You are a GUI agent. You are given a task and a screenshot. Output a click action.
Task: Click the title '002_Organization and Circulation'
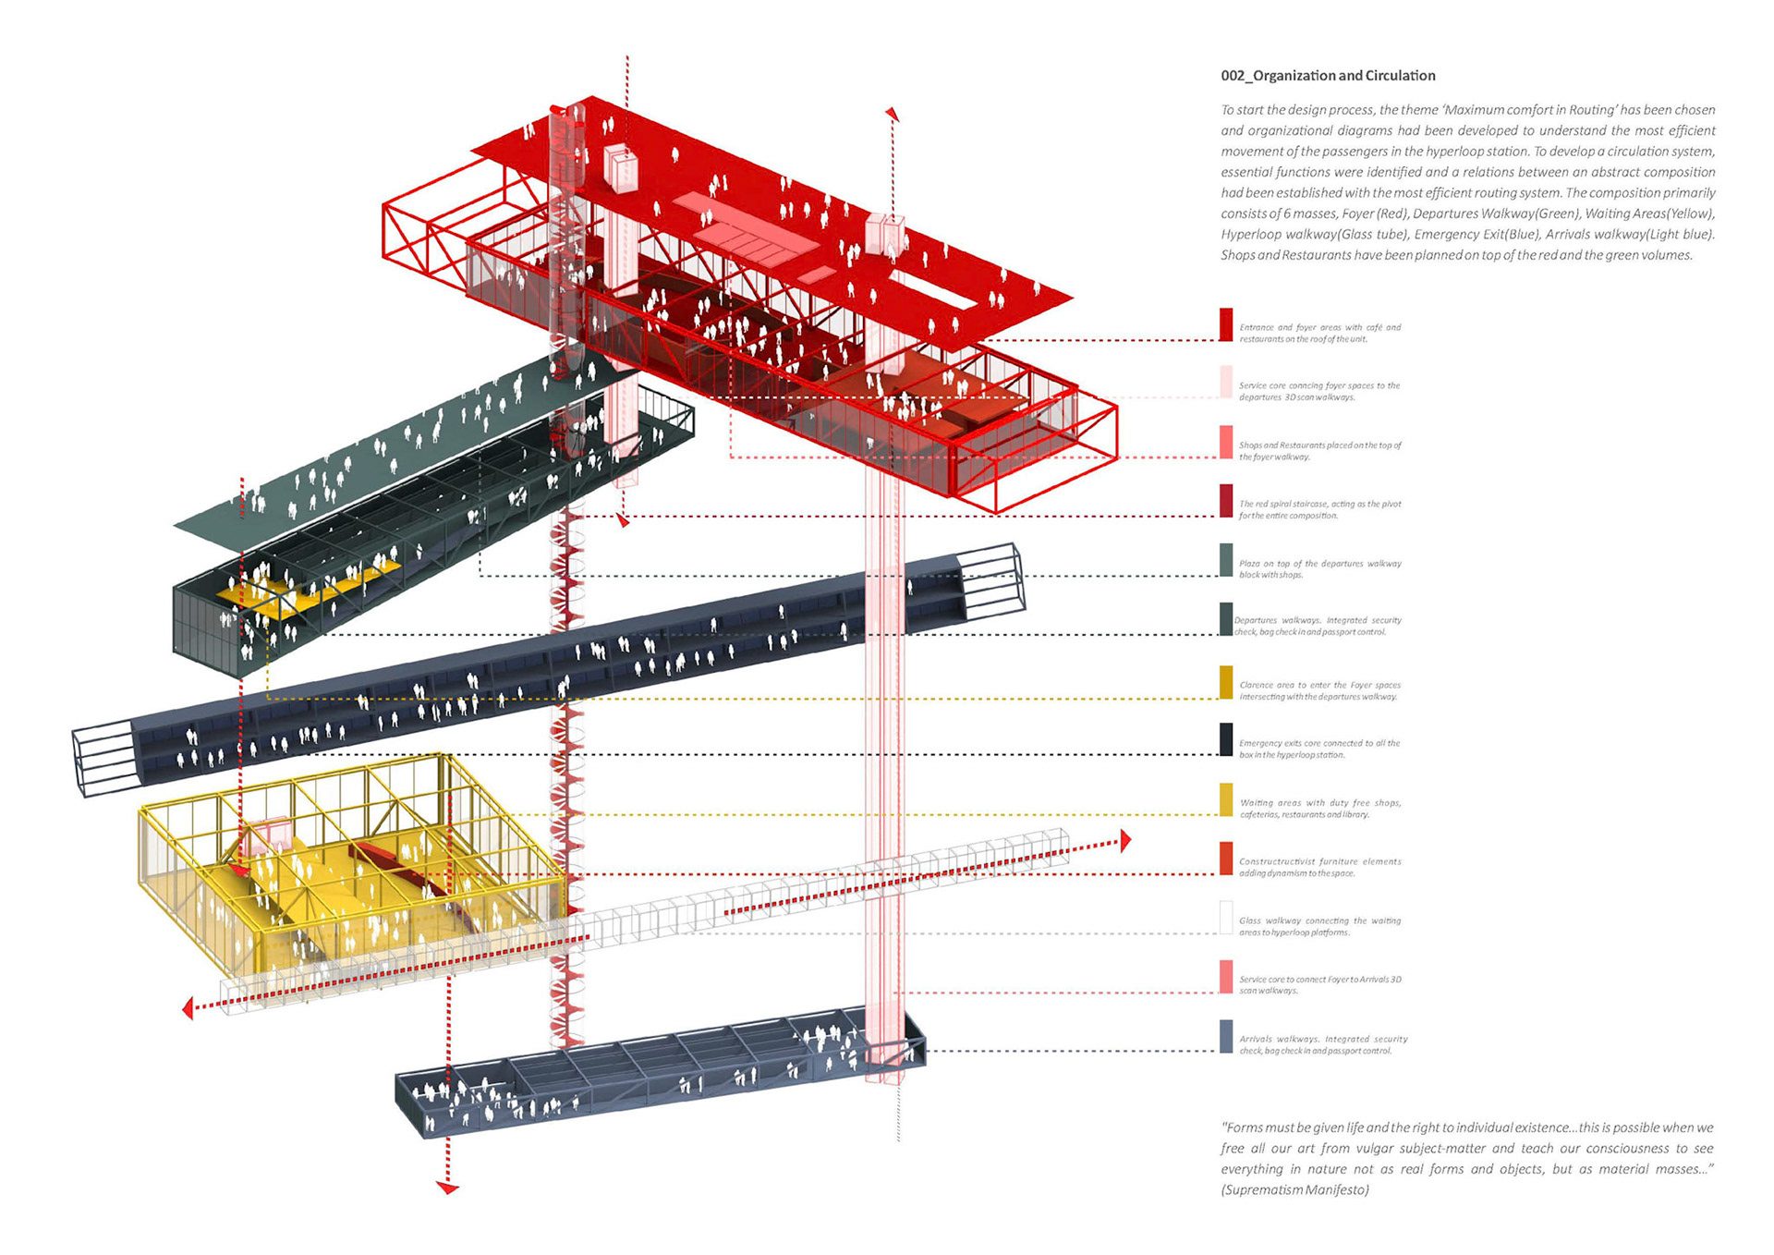tap(1328, 76)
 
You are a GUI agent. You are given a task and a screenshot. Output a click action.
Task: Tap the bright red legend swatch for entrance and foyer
tap(1226, 324)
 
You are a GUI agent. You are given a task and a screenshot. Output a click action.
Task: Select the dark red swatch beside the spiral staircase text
tap(1226, 501)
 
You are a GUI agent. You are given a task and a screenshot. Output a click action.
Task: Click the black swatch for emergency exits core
tap(1226, 739)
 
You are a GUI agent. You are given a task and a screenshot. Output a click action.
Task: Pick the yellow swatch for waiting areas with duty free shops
tap(1226, 799)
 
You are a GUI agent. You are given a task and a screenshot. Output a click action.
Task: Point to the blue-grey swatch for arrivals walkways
tap(1226, 1036)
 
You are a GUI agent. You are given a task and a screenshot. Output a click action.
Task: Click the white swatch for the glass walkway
tap(1226, 918)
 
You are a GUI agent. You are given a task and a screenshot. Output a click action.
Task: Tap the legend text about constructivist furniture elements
tap(1319, 867)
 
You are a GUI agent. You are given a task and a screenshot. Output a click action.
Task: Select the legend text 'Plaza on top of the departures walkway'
tap(1319, 568)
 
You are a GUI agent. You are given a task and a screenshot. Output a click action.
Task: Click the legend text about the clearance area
tap(1319, 690)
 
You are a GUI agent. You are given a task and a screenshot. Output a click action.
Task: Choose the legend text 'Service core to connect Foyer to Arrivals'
tap(1319, 984)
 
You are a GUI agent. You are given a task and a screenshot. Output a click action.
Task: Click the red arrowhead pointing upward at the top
tap(893, 115)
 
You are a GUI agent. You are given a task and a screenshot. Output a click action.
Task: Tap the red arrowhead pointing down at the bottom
tap(448, 1188)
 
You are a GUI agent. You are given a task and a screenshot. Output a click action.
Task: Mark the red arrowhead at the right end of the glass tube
tap(1124, 840)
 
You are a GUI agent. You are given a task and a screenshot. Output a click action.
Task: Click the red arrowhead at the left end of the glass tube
tap(188, 1008)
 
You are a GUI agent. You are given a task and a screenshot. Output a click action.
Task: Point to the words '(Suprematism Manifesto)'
tap(1294, 1189)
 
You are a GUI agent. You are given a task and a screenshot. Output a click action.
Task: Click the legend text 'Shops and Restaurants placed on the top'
tap(1319, 451)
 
